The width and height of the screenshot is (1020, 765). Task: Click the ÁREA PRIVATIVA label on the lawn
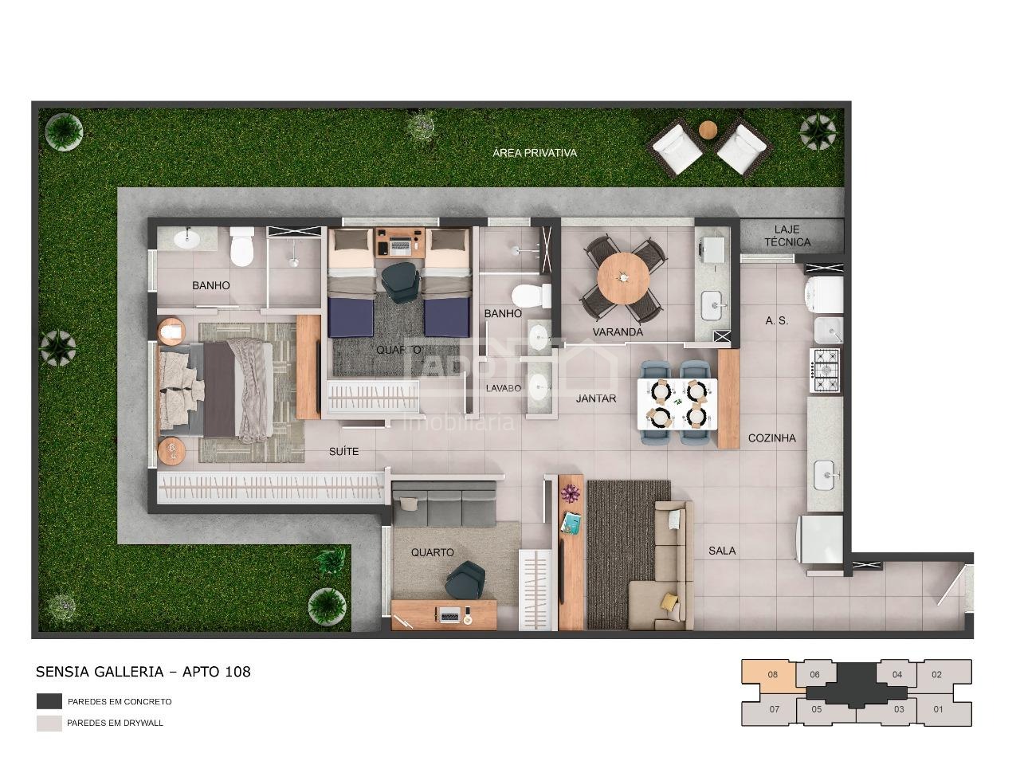(535, 153)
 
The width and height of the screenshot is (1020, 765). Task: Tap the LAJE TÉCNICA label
(787, 236)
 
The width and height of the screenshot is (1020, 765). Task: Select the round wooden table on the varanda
(623, 278)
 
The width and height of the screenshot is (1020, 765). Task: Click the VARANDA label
(618, 331)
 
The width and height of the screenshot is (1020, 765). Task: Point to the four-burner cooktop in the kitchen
(826, 371)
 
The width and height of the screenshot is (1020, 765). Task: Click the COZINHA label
(772, 438)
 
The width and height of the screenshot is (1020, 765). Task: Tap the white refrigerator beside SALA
(820, 539)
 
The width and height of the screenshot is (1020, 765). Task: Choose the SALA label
(722, 551)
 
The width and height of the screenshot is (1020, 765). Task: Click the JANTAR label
(596, 398)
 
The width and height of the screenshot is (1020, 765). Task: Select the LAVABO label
(504, 388)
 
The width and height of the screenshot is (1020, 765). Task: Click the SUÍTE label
(344, 451)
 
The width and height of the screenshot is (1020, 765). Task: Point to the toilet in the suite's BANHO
(242, 246)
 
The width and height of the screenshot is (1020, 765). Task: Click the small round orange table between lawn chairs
(708, 130)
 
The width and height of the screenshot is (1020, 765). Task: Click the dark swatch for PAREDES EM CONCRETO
(49, 701)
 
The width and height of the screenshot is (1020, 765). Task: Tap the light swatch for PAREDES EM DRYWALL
(49, 724)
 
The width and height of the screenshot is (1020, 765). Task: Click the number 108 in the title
(237, 672)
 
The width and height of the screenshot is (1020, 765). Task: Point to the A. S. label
(776, 320)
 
